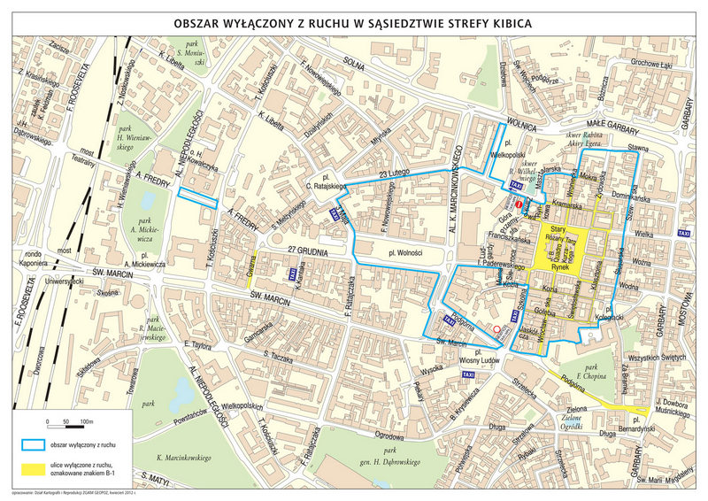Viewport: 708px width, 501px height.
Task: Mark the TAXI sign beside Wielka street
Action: [683, 233]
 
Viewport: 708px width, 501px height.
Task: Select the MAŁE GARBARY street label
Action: [619, 125]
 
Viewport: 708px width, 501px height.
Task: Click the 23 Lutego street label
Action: [395, 173]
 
